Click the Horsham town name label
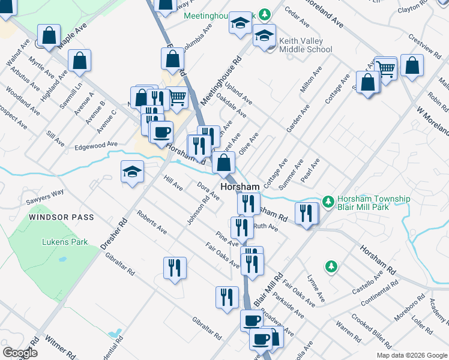[240, 187]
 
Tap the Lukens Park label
[65, 242]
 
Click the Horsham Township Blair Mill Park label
[373, 203]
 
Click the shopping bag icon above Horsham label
[223, 162]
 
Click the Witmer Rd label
[52, 347]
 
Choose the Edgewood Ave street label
[96, 145]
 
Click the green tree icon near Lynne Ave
[330, 265]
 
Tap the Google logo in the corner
[20, 353]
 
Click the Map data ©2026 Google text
[411, 355]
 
